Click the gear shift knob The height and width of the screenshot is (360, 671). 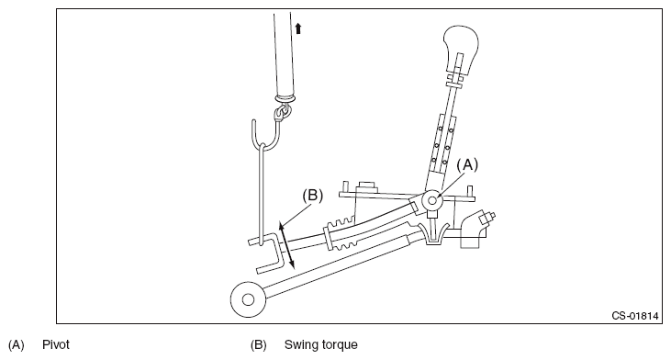[x=461, y=48]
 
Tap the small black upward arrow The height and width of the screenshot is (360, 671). [x=298, y=28]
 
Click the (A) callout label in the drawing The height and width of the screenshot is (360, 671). [x=467, y=164]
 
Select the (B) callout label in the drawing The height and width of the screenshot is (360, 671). [x=312, y=196]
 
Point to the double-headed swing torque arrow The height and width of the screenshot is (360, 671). [x=286, y=245]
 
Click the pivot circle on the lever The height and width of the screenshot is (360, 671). [x=431, y=200]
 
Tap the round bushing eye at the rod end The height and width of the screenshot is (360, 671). [x=248, y=299]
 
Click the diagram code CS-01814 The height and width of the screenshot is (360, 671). [x=634, y=316]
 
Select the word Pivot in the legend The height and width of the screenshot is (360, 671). [x=56, y=344]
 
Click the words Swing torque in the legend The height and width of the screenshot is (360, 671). [x=321, y=344]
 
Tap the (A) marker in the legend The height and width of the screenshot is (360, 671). [x=17, y=344]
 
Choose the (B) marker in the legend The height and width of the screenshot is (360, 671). [x=259, y=344]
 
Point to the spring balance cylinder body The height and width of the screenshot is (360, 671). [x=285, y=55]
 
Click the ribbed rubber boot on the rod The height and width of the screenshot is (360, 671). [x=341, y=234]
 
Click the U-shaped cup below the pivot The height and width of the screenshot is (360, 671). [x=434, y=233]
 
